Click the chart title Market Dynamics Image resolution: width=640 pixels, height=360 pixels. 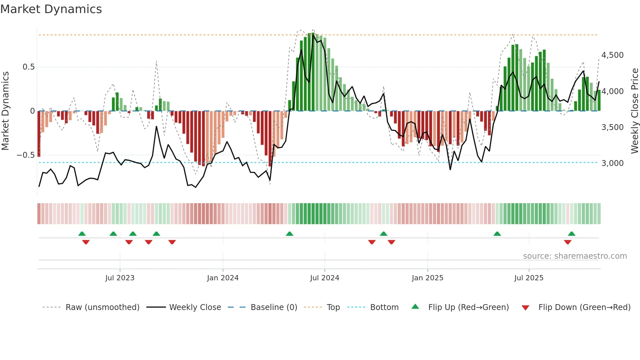[x=51, y=9]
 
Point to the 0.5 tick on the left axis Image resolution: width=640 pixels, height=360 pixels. [x=28, y=67]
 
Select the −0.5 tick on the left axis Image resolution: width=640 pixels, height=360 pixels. [x=26, y=155]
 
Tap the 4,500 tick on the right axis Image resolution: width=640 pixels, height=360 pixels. [x=612, y=55]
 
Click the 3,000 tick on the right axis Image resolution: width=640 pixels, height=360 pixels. [x=612, y=163]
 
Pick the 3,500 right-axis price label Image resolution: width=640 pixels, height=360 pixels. [x=612, y=127]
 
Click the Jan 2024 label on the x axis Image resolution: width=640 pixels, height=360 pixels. [x=223, y=278]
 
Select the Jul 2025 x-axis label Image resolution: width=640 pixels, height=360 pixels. [x=529, y=278]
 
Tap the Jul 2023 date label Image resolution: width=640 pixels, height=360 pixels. [x=120, y=278]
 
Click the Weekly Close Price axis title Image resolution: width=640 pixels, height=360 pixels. [x=634, y=111]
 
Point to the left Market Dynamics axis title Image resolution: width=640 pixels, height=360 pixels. [x=5, y=111]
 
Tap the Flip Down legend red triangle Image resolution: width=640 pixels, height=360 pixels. [x=525, y=308]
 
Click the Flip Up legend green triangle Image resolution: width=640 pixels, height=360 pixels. [x=415, y=307]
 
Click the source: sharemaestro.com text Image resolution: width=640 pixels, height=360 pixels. [x=575, y=256]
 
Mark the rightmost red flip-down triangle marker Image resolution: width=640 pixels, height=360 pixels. [x=568, y=242]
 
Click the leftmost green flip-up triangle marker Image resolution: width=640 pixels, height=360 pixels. [x=82, y=234]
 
